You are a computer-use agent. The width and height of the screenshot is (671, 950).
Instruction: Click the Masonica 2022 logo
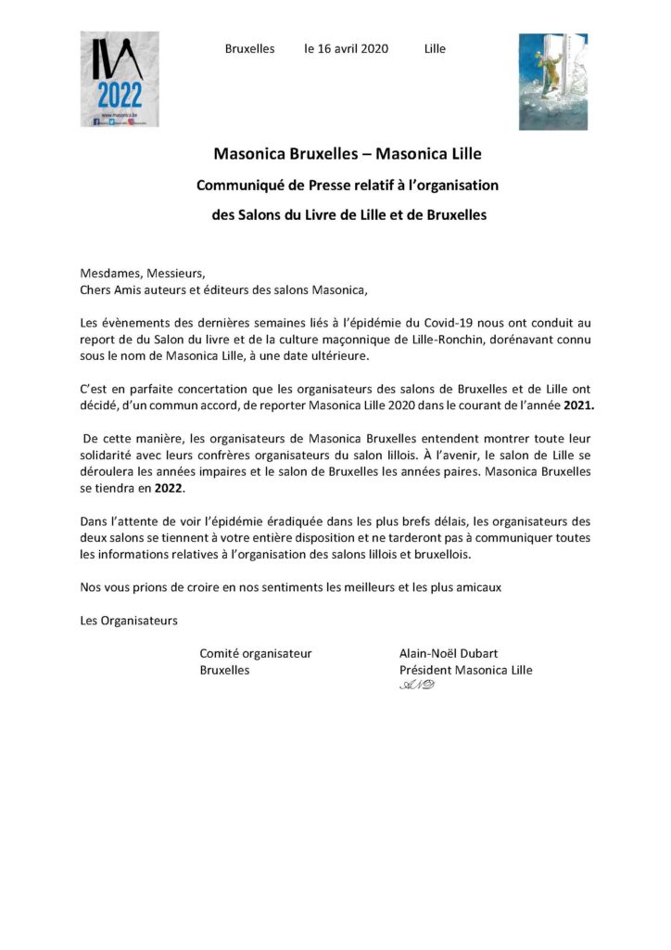pyautogui.click(x=119, y=79)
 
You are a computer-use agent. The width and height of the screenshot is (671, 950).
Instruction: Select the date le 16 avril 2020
pyautogui.click(x=347, y=48)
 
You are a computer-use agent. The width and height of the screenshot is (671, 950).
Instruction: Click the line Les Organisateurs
pyautogui.click(x=129, y=619)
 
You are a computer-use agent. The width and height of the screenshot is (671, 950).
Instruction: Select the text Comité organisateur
pyautogui.click(x=256, y=653)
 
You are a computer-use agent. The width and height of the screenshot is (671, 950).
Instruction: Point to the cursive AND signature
pyautogui.click(x=416, y=686)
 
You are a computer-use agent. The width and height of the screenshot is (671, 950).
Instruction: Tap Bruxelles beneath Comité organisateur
pyautogui.click(x=225, y=670)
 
